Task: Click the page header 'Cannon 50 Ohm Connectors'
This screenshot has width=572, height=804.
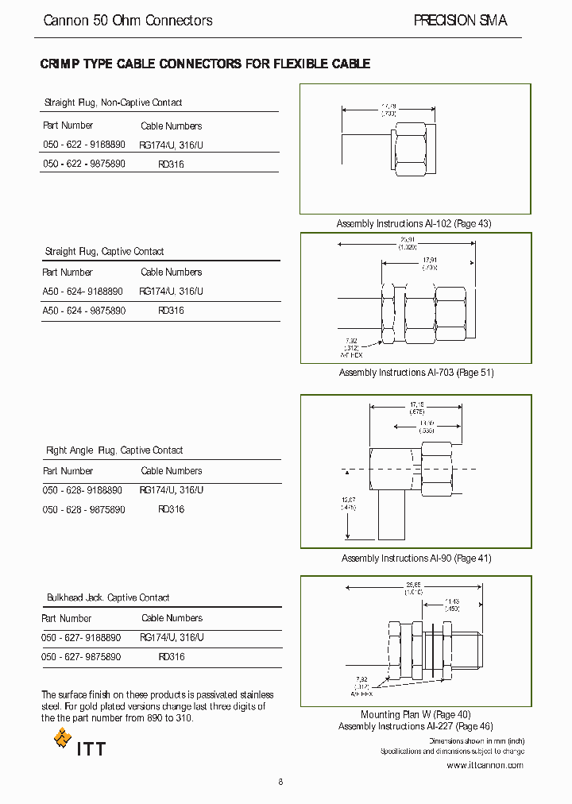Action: click(127, 21)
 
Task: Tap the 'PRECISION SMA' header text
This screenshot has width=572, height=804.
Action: click(460, 21)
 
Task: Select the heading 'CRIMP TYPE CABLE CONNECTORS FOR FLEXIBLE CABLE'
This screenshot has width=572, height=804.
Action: click(205, 64)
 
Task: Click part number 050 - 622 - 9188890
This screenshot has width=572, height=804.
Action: click(83, 145)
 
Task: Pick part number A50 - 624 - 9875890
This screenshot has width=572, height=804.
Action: click(83, 311)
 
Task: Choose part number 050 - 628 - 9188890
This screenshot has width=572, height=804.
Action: click(83, 490)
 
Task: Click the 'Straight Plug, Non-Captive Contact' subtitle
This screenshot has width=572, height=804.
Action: click(113, 102)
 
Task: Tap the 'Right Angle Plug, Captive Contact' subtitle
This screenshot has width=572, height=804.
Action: click(114, 450)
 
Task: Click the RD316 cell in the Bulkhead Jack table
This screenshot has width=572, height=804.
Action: click(171, 657)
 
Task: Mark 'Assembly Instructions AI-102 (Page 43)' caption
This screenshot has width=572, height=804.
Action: click(414, 224)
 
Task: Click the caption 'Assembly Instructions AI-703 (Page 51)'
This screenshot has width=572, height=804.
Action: click(416, 373)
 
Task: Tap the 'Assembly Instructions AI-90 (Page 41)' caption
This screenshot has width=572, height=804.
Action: click(416, 559)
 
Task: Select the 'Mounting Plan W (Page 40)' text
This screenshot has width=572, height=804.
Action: click(415, 714)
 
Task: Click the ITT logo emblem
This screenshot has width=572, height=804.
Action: click(63, 740)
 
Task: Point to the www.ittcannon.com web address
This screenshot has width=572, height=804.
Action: click(485, 765)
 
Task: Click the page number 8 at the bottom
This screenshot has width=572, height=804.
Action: click(280, 782)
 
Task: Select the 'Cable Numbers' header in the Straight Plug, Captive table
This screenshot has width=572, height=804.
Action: click(172, 272)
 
